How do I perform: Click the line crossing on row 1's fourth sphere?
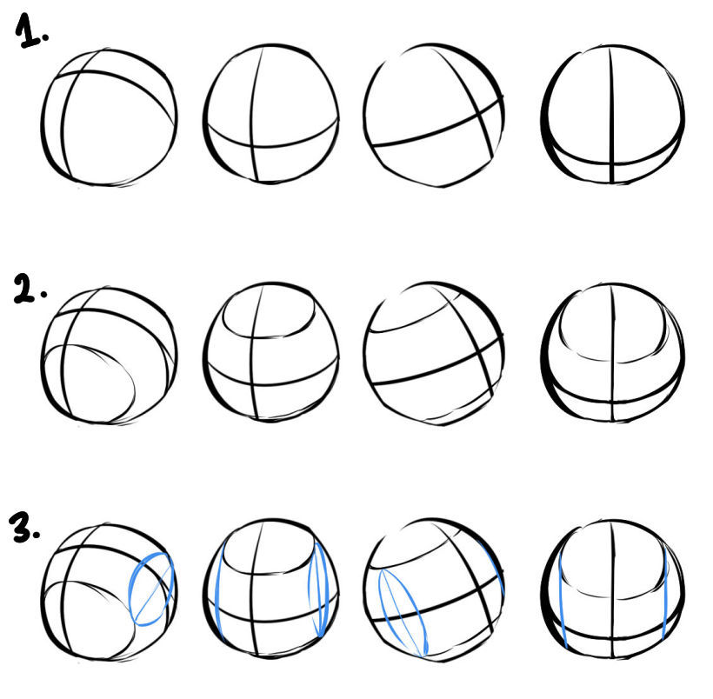click(x=612, y=163)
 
